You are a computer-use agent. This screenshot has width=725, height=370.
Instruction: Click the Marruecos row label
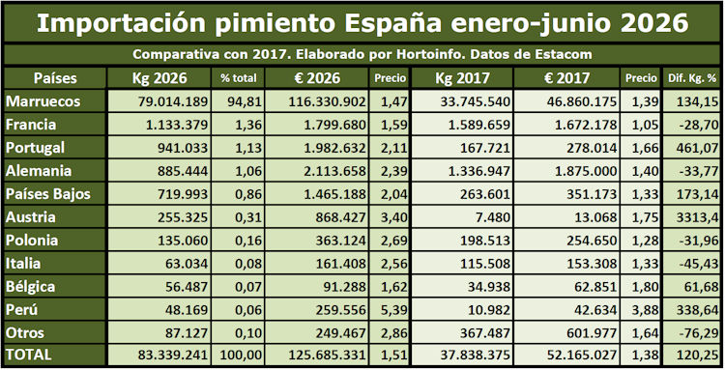pyautogui.click(x=43, y=101)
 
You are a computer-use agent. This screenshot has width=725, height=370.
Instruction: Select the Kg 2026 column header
pyautogui.click(x=159, y=78)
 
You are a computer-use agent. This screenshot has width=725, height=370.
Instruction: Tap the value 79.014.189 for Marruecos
pyautogui.click(x=173, y=101)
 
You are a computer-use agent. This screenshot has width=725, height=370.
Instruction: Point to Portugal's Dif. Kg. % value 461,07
pyautogui.click(x=698, y=148)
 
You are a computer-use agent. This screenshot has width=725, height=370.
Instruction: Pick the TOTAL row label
pyautogui.click(x=29, y=355)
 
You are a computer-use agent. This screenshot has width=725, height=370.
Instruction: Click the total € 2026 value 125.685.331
pyautogui.click(x=328, y=356)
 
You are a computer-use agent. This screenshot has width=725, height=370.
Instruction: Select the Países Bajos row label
pyautogui.click(x=48, y=194)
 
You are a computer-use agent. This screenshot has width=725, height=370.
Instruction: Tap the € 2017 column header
pyautogui.click(x=566, y=78)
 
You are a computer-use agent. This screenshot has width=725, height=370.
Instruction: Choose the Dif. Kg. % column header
pyautogui.click(x=692, y=78)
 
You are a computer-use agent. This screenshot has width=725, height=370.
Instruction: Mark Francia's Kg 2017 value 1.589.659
pyautogui.click(x=479, y=125)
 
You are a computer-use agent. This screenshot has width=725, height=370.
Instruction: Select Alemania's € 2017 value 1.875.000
pyautogui.click(x=586, y=171)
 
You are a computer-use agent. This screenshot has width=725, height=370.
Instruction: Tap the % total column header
pyautogui.click(x=238, y=78)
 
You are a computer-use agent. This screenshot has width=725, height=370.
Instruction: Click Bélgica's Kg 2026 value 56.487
pyautogui.click(x=187, y=286)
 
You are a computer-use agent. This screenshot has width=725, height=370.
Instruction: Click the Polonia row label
pyautogui.click(x=32, y=241)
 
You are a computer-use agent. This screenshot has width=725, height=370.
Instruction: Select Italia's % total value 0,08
pyautogui.click(x=248, y=264)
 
